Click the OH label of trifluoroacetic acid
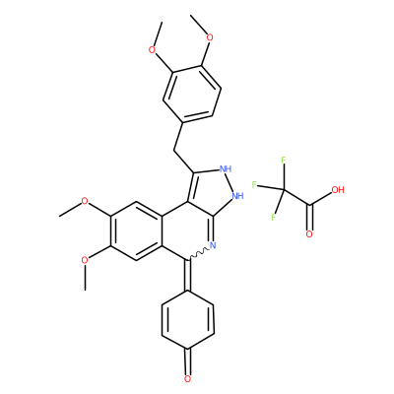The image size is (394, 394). coord(338,190)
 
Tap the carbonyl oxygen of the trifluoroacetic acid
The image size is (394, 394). coord(309,234)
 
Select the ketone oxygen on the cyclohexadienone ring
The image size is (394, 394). coord(187,379)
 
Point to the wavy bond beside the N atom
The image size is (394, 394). coord(198,254)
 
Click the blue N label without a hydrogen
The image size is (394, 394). coord(212,245)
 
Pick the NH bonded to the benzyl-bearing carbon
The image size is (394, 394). coord(226,169)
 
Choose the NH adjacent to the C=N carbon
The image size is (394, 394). coord(237,196)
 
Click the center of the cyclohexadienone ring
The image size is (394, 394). coord(188,320)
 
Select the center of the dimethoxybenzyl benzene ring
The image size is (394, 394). coord(192,94)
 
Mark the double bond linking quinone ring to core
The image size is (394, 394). coord(188,275)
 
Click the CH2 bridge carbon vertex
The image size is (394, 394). coord(173,151)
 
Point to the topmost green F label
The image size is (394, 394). coord(284,161)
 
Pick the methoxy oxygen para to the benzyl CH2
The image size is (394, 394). coord(210,37)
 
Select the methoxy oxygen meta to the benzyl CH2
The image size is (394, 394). coord(152,50)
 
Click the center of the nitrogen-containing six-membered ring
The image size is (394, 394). coord(188,230)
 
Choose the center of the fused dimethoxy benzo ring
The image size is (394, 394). coord(136,230)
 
